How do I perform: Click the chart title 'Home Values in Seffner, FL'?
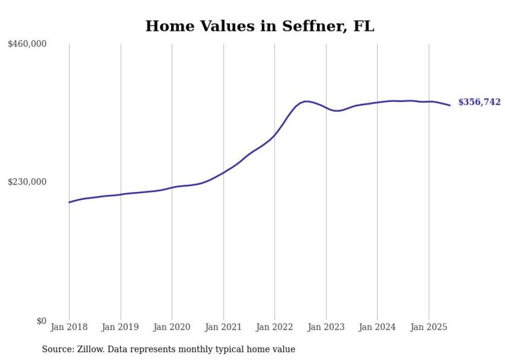[260, 26]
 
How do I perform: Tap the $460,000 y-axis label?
[27, 44]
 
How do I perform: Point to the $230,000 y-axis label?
[27, 182]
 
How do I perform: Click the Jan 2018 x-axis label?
[69, 327]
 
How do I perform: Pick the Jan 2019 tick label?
[121, 327]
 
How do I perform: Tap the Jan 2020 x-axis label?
[172, 327]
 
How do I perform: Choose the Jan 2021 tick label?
[223, 327]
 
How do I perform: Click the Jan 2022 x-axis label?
[275, 327]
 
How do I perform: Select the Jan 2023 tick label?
[326, 327]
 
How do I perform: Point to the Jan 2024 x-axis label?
[377, 327]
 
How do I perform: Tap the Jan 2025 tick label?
[429, 327]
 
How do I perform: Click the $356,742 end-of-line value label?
[479, 102]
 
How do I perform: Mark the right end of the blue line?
[450, 106]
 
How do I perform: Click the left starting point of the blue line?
[69, 202]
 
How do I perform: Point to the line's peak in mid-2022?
[306, 101]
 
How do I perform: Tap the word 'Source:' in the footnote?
[57, 349]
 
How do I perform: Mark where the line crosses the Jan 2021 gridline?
[223, 173]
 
